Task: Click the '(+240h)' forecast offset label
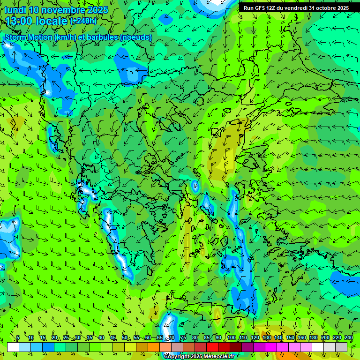(x=83, y=21)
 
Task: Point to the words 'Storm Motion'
(x=27, y=37)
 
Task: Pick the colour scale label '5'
(x=18, y=337)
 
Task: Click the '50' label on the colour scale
(x=125, y=337)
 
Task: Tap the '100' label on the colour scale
(x=231, y=337)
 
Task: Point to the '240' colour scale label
(x=349, y=337)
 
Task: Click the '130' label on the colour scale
(x=266, y=337)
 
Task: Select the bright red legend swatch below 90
(x=212, y=347)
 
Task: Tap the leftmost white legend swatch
(x=13, y=347)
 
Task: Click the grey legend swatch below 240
(x=341, y=347)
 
